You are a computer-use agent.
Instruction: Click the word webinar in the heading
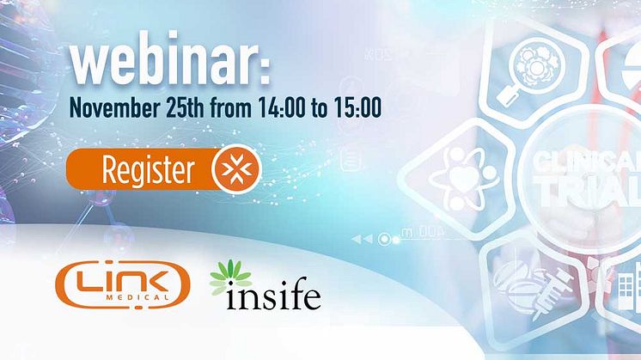pos(164,59)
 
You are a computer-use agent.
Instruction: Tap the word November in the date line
pos(114,107)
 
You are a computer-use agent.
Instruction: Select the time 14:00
pos(281,107)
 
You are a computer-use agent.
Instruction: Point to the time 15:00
pos(357,107)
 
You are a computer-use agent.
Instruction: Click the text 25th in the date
pos(185,107)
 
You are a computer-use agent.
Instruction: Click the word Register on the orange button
pos(148,169)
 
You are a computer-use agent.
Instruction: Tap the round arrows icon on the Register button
pos(236,168)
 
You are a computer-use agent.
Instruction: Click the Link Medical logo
pos(123,284)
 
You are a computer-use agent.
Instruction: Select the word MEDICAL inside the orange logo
pos(137,297)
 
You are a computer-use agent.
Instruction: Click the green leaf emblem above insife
pos(230,277)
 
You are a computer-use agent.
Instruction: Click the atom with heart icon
pos(464,179)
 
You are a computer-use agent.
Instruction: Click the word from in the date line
pos(231,107)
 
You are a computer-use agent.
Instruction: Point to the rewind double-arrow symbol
pos(362,239)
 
